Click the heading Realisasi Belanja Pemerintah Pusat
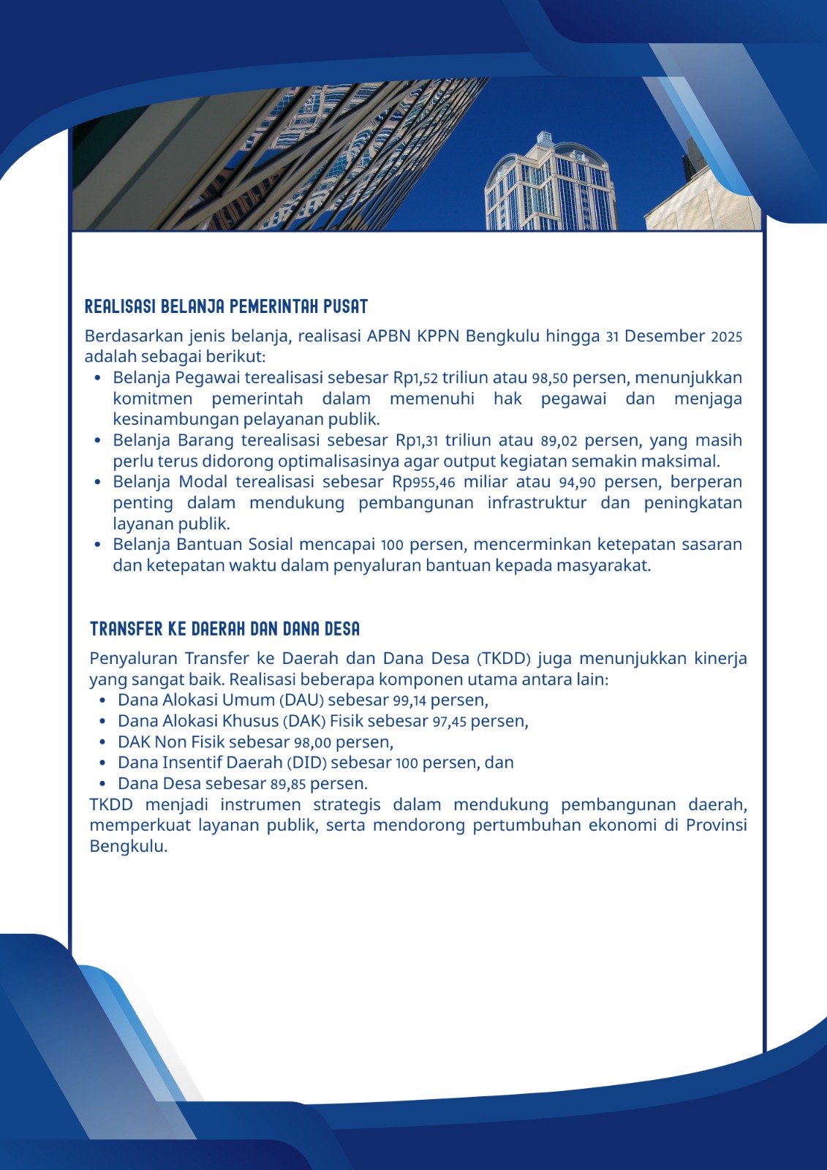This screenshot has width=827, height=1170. coord(226,306)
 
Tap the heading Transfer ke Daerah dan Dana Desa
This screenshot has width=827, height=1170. coord(224,629)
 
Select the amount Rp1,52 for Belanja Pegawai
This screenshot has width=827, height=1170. coord(415,378)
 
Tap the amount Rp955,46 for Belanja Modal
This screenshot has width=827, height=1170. coord(423,483)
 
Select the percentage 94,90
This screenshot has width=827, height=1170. coord(578,483)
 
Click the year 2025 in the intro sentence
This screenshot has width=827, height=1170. coord(726,337)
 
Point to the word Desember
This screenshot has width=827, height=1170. coord(665,336)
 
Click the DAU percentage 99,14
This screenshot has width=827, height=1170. coord(409,701)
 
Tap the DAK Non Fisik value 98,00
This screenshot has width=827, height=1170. coord(312,742)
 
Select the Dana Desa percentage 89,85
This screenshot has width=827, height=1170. coord(288,784)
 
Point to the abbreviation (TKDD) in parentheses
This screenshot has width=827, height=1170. coord(503,659)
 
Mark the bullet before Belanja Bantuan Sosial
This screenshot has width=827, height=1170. coord(98,545)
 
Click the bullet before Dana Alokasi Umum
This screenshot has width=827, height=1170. coord(103,701)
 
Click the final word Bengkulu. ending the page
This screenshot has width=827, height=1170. coord(129,847)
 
